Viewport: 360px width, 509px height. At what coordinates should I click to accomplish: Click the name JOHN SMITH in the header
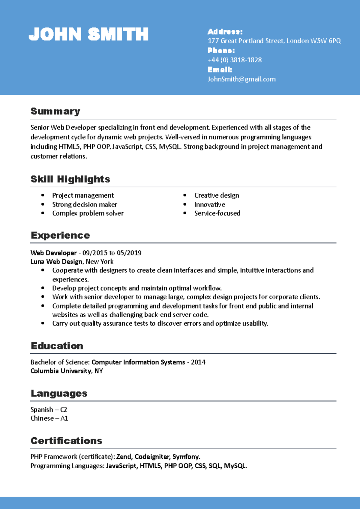point(88,34)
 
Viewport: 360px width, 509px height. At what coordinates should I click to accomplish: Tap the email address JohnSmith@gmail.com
point(241,79)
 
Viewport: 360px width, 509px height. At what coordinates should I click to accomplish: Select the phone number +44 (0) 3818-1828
point(235,60)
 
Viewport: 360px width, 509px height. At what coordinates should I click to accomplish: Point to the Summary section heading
point(55,111)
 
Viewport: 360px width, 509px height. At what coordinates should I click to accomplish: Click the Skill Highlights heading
point(70,179)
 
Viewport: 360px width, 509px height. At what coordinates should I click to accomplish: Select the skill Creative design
point(217,195)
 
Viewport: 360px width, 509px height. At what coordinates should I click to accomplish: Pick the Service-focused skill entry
point(217,213)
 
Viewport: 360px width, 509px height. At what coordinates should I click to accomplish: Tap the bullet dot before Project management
point(43,195)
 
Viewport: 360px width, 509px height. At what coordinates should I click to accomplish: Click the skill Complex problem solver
point(88,213)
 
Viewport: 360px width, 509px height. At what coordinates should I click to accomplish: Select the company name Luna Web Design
point(56,261)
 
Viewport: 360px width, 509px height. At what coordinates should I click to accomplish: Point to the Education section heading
point(57,346)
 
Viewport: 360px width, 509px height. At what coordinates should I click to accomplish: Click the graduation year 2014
point(198,362)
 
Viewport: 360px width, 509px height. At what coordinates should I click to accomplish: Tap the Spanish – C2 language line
point(49,409)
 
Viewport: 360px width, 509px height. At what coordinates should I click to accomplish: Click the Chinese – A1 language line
point(49,418)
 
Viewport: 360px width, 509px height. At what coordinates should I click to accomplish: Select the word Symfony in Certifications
point(186,457)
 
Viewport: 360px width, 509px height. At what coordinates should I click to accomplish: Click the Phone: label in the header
point(221,50)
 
